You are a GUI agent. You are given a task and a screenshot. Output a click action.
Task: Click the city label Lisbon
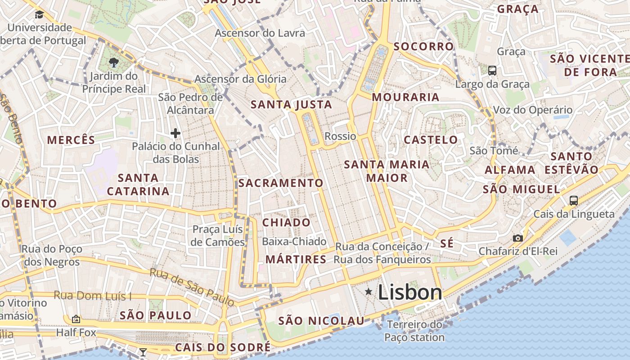[x=410, y=292]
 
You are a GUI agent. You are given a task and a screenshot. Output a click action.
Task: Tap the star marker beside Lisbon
[x=369, y=292]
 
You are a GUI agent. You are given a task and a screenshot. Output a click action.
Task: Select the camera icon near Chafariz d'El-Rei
[x=518, y=238]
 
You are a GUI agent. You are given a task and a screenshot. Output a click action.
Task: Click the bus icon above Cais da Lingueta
[x=574, y=201]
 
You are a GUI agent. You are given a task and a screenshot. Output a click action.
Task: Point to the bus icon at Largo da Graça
[x=492, y=71]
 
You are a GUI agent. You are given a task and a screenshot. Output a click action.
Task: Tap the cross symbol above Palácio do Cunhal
[x=175, y=133]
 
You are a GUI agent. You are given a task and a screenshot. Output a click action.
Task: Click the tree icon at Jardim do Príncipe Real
[x=114, y=63]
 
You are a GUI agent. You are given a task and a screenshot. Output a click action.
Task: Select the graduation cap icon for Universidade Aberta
[x=39, y=15]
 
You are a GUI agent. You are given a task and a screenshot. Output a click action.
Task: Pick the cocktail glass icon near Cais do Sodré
[x=143, y=352]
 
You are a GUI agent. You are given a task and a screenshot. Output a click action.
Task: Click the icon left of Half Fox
[x=76, y=319]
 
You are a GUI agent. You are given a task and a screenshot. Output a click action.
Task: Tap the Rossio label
[x=340, y=136]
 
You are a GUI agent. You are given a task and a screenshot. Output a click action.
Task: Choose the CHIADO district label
[x=286, y=222]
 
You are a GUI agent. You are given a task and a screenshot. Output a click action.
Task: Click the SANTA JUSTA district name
[x=291, y=105]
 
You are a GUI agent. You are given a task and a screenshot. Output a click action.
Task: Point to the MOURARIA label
[x=405, y=97]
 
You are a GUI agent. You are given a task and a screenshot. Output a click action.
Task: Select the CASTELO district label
[x=431, y=140]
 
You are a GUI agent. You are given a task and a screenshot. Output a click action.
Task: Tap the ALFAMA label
[x=510, y=170]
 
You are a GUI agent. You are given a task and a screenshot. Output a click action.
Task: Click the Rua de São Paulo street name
[x=192, y=287]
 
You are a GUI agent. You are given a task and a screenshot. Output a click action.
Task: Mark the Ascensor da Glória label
[x=240, y=79]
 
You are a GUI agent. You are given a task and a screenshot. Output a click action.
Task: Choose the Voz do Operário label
[x=533, y=110]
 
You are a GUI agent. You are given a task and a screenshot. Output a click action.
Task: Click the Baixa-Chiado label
[x=294, y=242]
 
